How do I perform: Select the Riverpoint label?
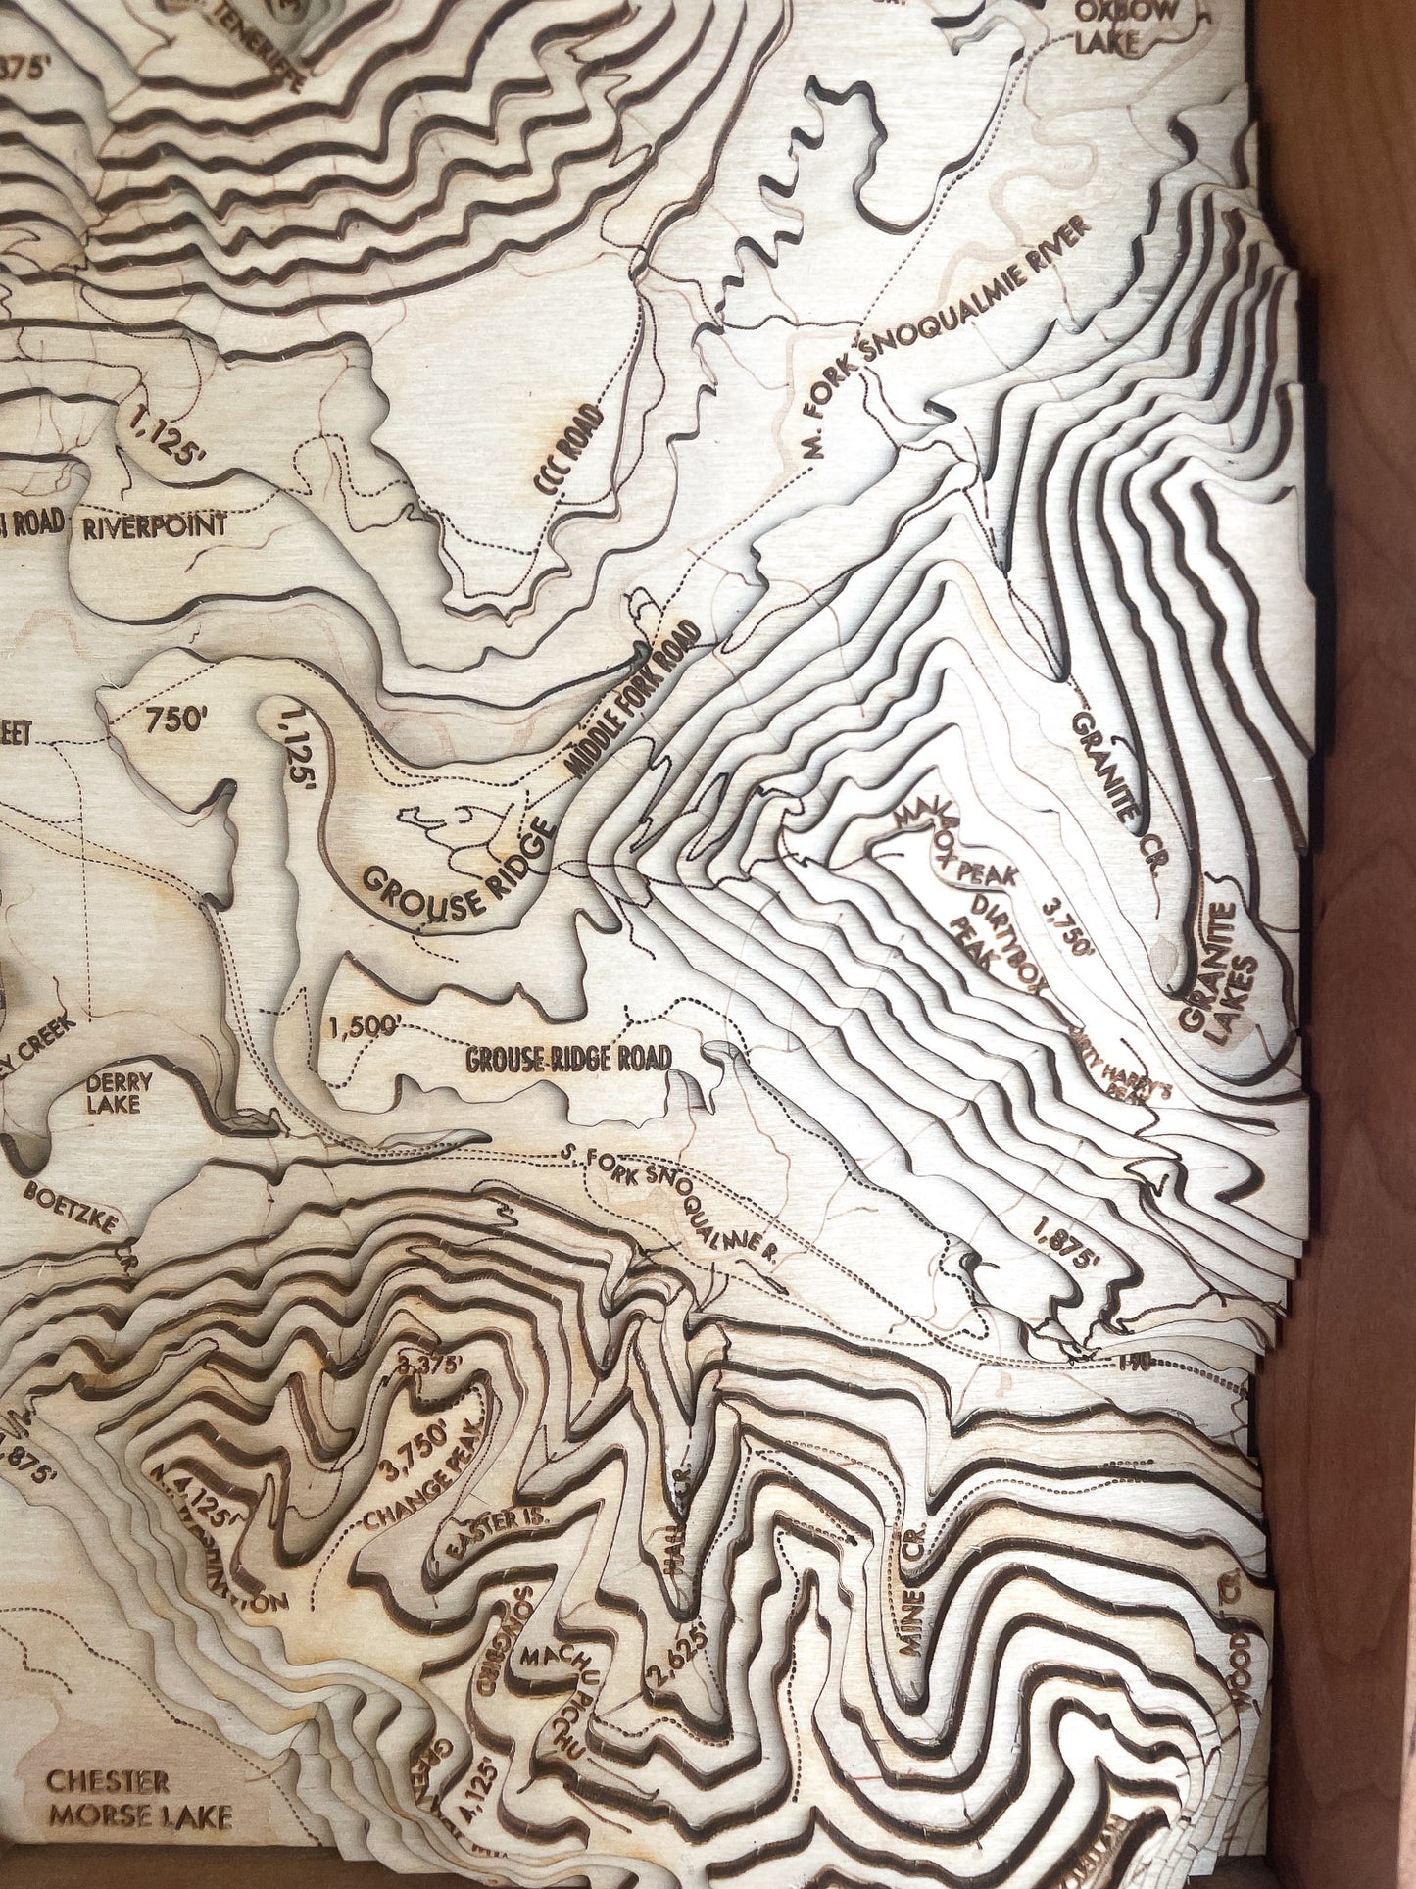click(x=155, y=525)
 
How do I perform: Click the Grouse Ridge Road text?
click(x=568, y=1058)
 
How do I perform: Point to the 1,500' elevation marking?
click(x=366, y=1026)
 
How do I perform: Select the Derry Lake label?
click(x=119, y=1093)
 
